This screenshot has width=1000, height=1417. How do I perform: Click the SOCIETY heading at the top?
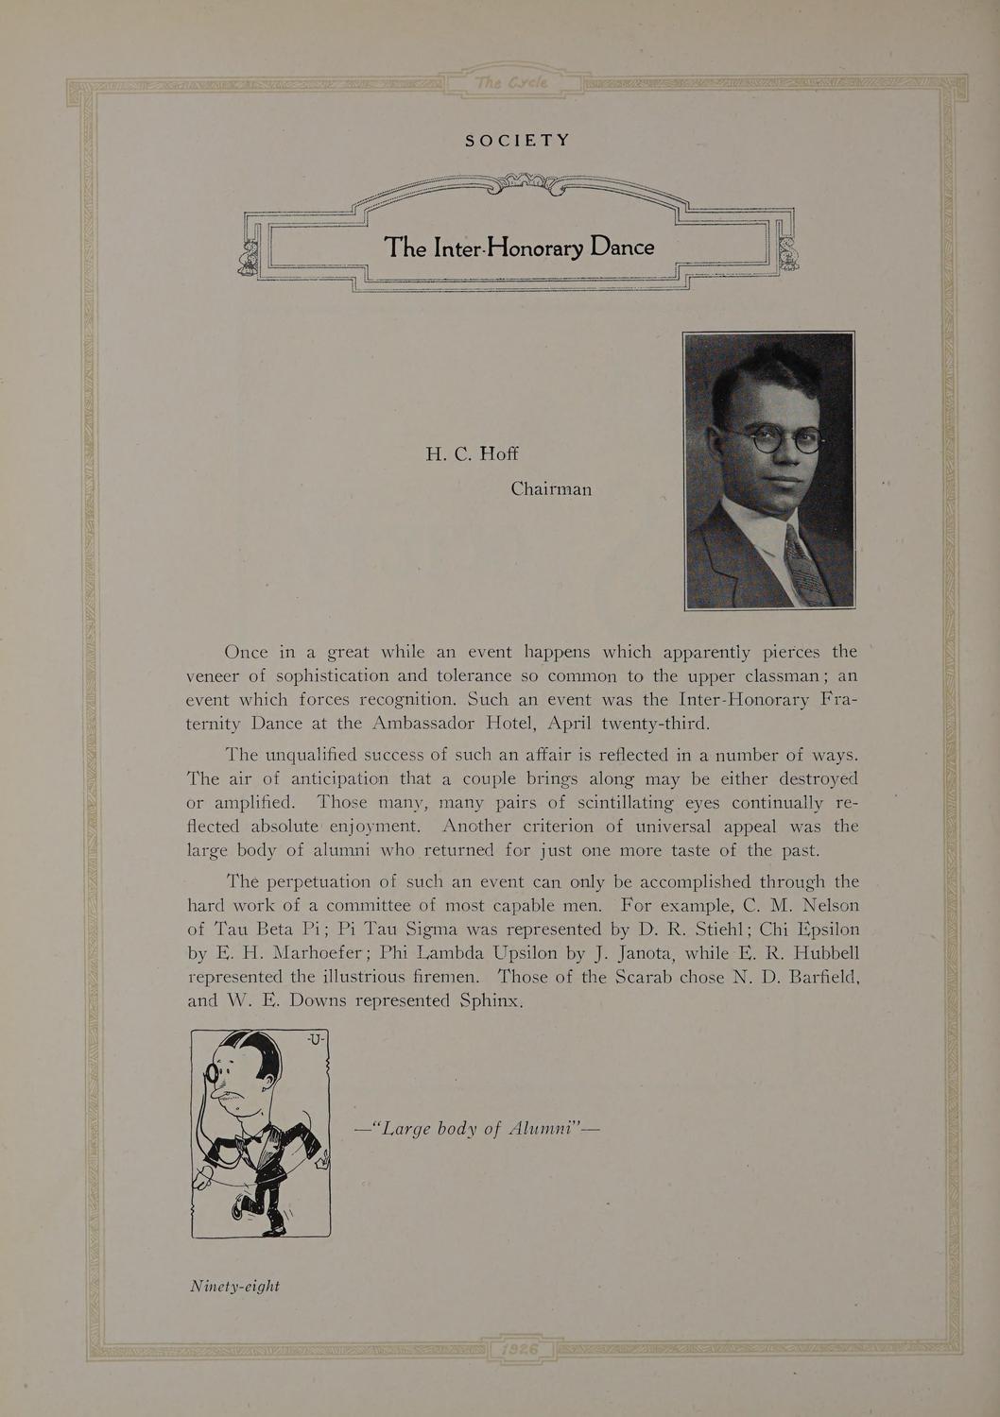pos(517,141)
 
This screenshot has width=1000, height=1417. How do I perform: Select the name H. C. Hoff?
pos(471,453)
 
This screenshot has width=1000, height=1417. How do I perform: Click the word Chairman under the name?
pos(551,489)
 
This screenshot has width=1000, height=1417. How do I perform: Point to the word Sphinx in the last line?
pos(490,1000)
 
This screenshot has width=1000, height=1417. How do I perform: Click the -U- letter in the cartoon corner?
pos(315,1040)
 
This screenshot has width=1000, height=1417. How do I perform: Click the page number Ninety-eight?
pos(234,1286)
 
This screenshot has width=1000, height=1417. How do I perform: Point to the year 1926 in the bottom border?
pos(520,1349)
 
